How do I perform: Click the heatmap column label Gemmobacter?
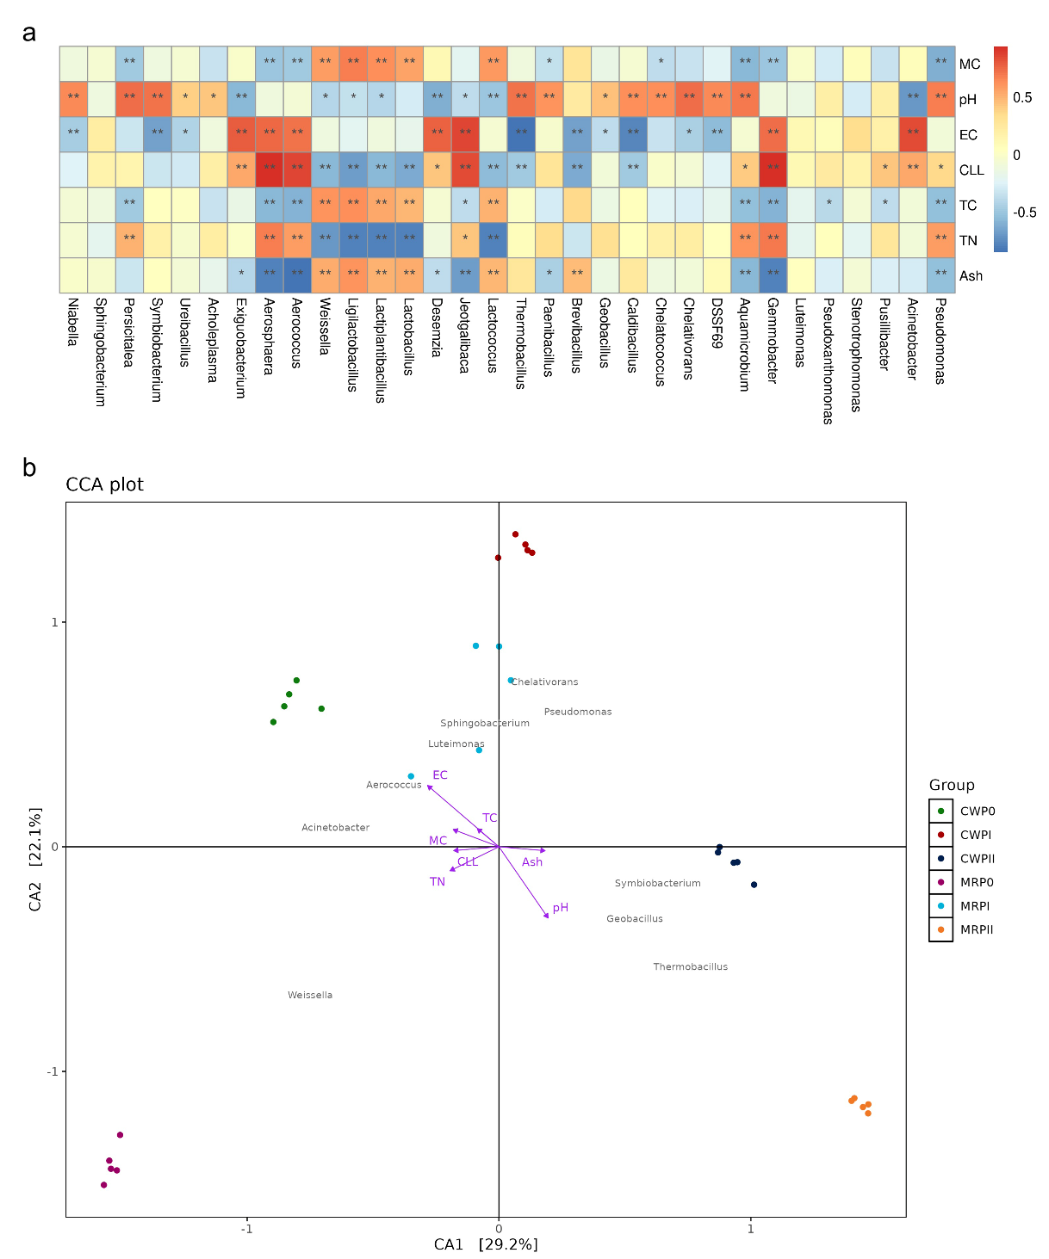coord(773,341)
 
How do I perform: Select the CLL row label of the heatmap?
coord(971,170)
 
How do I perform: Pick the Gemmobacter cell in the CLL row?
coord(773,170)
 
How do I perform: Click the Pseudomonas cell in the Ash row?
coord(940,275)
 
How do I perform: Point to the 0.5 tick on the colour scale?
coord(1022,97)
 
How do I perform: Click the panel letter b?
coord(29,467)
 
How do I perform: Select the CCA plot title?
coord(104,484)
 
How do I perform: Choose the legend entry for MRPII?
coord(977,930)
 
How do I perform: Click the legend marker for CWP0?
coord(940,811)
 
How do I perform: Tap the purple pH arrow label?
coord(561,907)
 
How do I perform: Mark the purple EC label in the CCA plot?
coord(440,775)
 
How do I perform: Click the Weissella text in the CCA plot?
coord(310,995)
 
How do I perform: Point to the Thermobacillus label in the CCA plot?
coord(690,966)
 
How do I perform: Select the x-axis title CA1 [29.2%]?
coord(486,1244)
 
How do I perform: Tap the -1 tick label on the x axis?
coord(246,1229)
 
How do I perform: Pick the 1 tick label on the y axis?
coord(55,622)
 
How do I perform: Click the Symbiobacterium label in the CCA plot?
coord(657,883)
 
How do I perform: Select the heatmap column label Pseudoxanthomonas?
coord(829,361)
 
